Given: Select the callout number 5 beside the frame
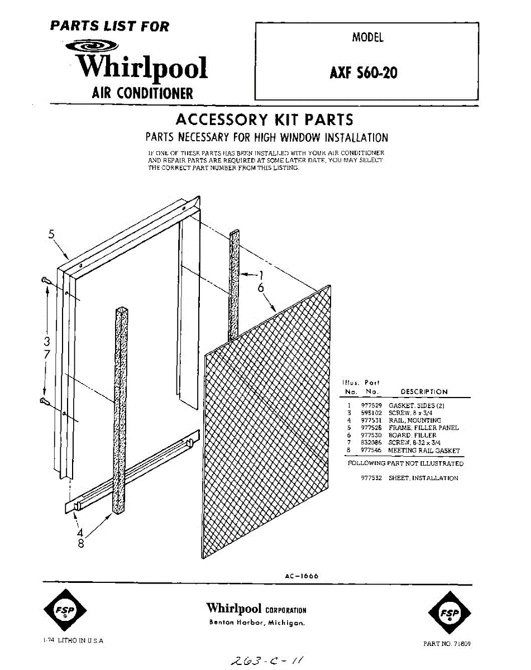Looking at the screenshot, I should [x=51, y=235].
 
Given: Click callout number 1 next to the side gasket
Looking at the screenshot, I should [x=260, y=274].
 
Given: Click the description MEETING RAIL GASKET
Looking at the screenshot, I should [x=424, y=450].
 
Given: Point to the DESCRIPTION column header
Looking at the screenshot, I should [x=424, y=392].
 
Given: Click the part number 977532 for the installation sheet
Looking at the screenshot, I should [x=371, y=478].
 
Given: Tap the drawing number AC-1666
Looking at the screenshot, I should [x=302, y=576].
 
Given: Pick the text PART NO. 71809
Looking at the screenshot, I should [x=447, y=644].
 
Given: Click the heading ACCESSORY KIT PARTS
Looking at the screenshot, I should [x=264, y=119].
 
